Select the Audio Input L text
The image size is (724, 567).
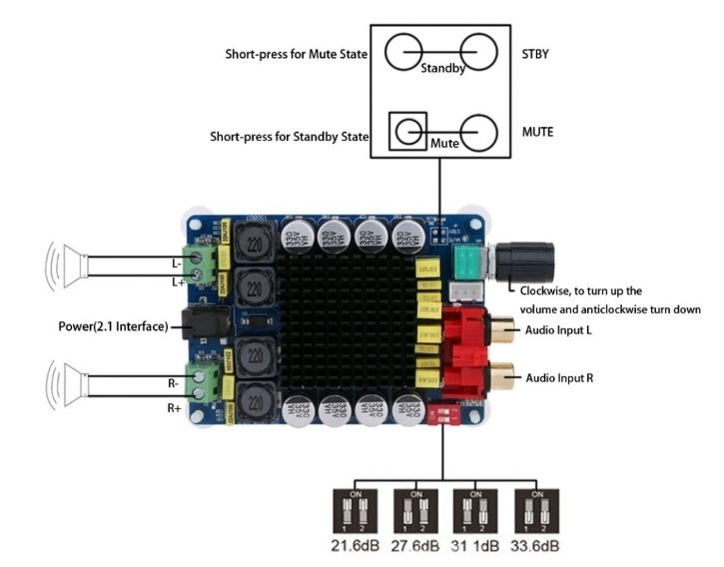tap(560, 330)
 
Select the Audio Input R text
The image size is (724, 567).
tap(560, 378)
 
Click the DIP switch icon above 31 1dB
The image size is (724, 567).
tap(474, 511)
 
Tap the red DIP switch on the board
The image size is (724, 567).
tap(442, 413)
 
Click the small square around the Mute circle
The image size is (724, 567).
tap(406, 131)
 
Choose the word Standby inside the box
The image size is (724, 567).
tap(440, 70)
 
